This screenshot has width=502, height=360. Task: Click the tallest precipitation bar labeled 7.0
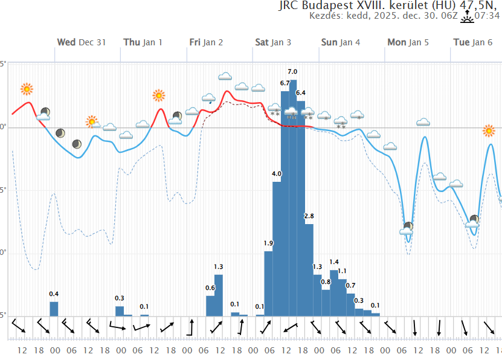[293, 199]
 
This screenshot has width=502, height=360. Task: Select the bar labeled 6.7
[285, 205]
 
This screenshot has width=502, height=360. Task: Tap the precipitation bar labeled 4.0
[277, 248]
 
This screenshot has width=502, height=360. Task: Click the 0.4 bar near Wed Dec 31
[54, 309]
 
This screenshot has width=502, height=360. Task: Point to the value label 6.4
[300, 92]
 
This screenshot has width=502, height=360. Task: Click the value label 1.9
[268, 243]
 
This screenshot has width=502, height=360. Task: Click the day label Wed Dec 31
[82, 42]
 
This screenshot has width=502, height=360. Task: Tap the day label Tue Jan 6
[472, 42]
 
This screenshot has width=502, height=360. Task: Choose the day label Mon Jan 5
[407, 42]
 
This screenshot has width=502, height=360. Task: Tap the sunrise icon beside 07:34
[468, 16]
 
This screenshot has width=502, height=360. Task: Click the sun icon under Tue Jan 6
[489, 130]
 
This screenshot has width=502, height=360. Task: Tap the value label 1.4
[334, 262]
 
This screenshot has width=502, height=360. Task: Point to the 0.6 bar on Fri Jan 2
[210, 306]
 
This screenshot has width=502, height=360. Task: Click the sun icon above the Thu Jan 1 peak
[159, 95]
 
